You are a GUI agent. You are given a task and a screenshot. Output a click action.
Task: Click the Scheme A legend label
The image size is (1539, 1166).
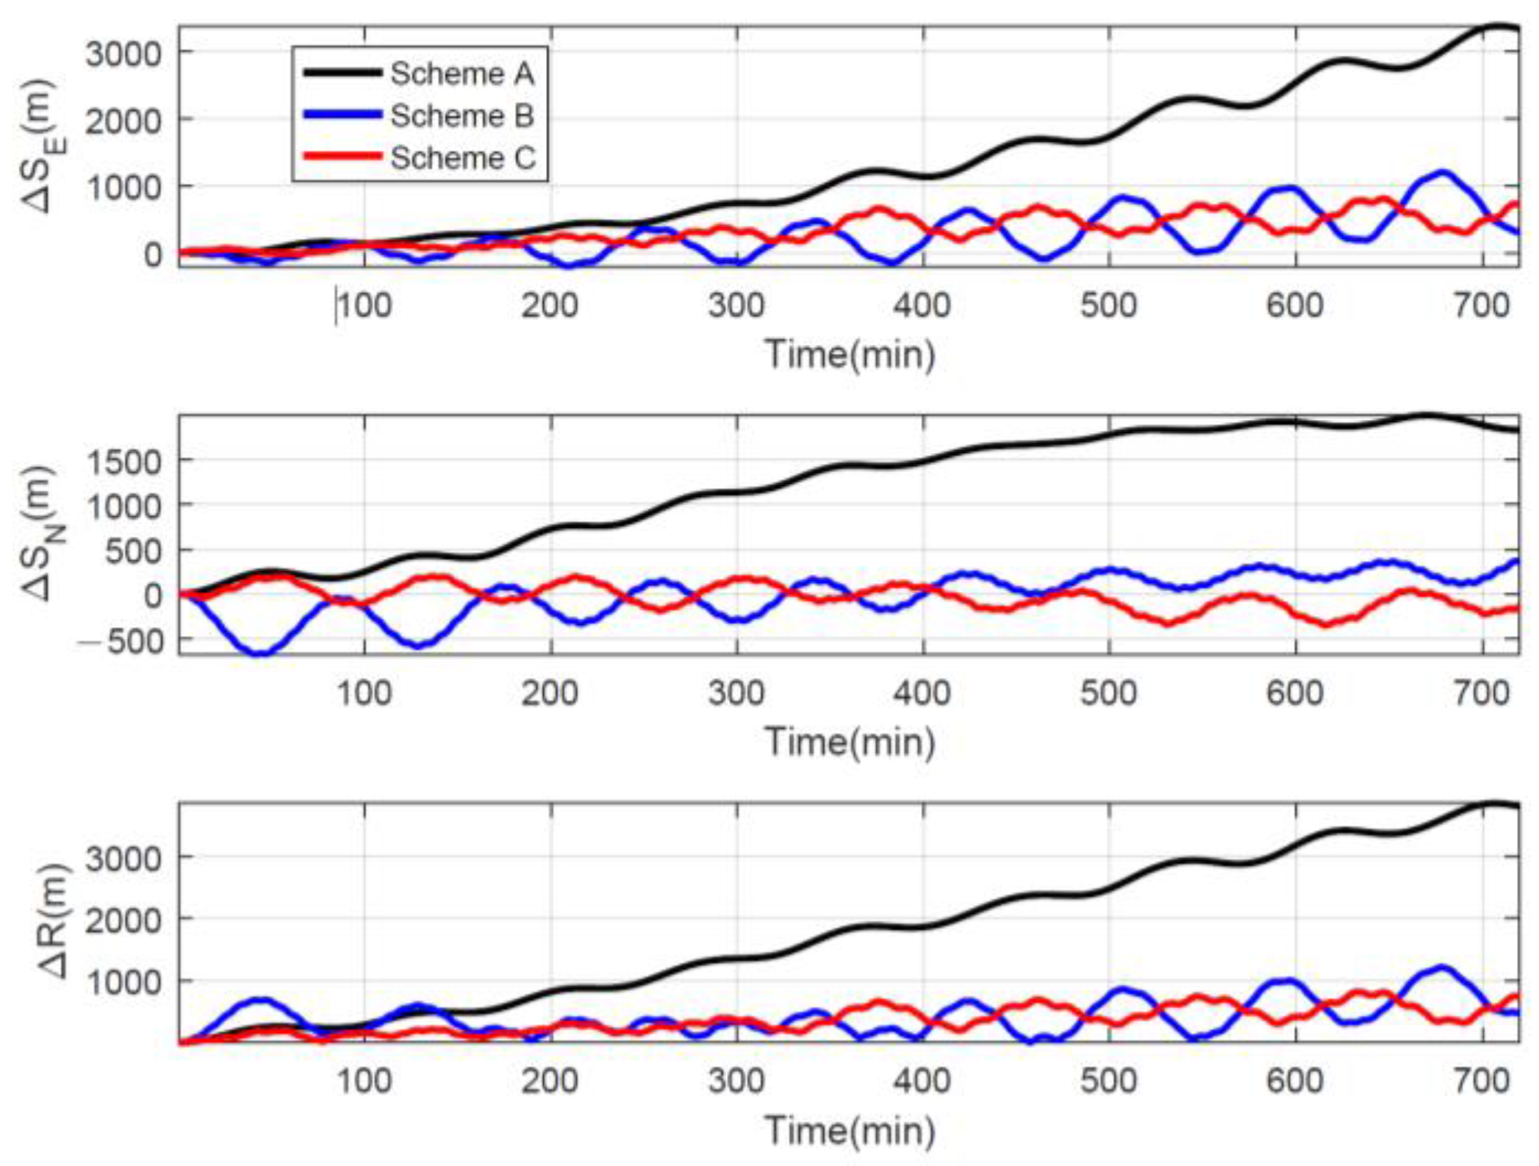coord(462,74)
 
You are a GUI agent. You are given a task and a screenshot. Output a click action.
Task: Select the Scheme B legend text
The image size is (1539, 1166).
coord(462,115)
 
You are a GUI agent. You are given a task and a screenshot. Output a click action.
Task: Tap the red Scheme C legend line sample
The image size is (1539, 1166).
coord(342,157)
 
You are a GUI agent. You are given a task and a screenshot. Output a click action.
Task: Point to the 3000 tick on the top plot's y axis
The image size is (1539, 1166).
coord(123,53)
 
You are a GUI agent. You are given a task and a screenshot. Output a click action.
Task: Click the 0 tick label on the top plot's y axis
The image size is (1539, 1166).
coord(152,254)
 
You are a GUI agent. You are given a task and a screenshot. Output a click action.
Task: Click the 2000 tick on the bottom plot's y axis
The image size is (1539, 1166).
coord(123,920)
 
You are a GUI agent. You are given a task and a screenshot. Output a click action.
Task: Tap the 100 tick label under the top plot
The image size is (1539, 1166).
coord(365,305)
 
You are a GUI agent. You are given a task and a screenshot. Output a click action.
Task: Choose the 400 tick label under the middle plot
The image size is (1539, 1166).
coord(922,693)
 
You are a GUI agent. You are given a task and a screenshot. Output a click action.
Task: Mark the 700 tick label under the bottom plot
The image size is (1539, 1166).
coord(1482,1081)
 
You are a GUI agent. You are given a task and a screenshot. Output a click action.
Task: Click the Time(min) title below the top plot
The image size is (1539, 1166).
coord(850,354)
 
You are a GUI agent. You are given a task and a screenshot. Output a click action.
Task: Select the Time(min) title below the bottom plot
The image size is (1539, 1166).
coord(850,1131)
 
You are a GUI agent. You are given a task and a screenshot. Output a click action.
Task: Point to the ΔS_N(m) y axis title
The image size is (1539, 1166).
coord(41,534)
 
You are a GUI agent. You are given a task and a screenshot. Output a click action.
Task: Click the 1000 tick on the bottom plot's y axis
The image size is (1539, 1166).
coord(123,982)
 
